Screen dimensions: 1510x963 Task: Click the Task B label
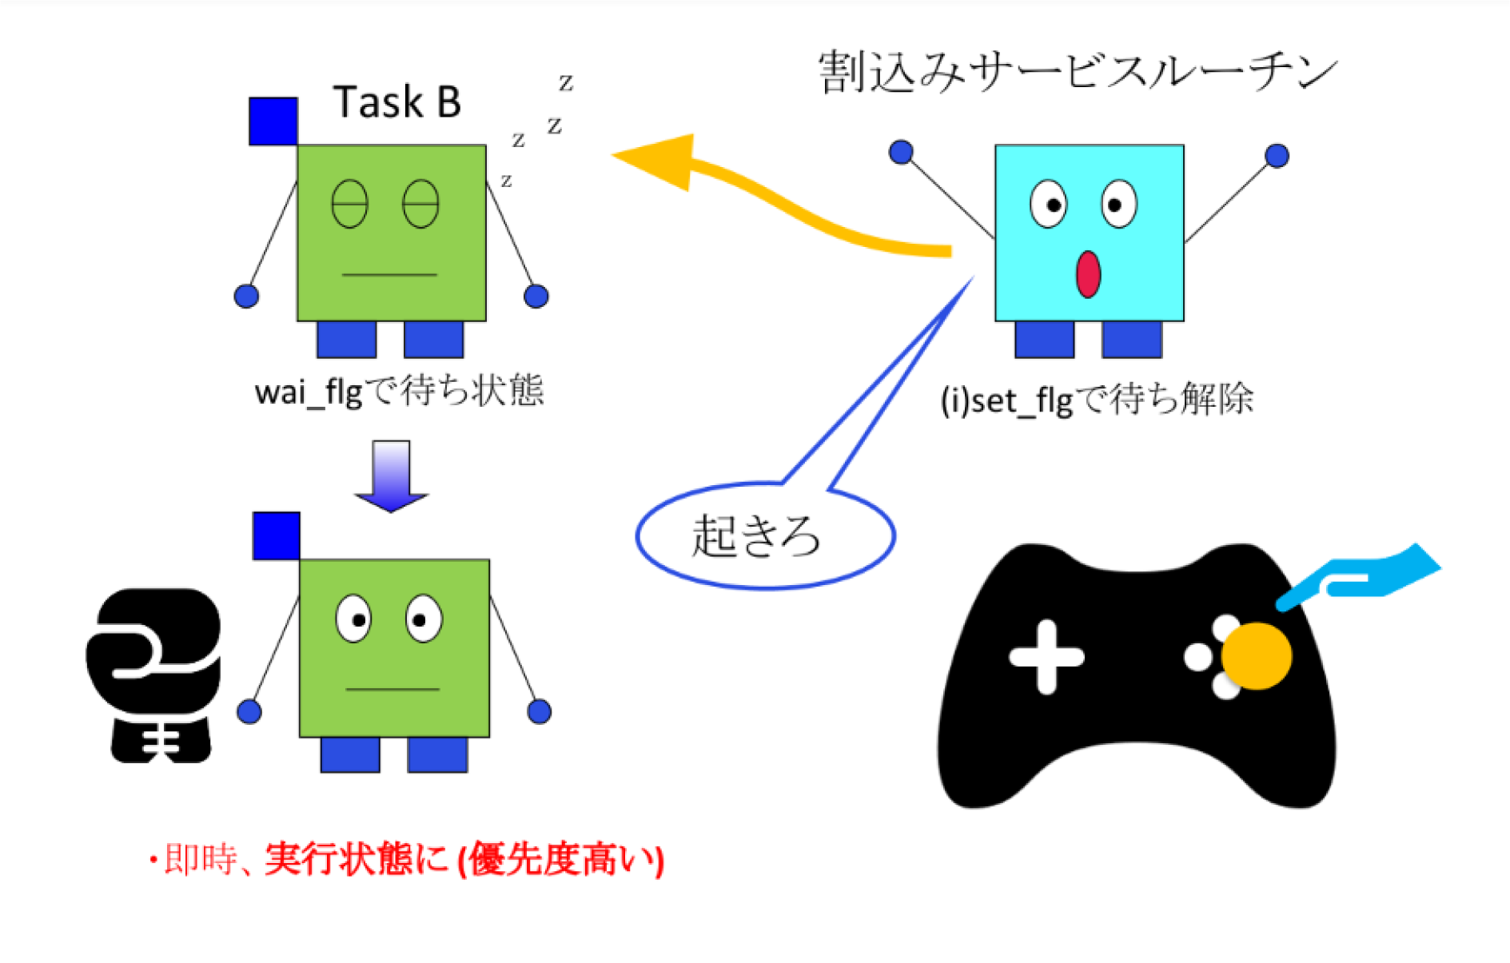[396, 102]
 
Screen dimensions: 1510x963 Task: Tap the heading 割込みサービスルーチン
[1078, 72]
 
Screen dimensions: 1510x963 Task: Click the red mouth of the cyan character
[1088, 274]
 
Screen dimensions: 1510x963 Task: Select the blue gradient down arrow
[392, 476]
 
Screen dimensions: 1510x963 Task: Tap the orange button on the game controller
[1257, 656]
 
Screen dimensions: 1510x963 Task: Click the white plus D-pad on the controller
[1046, 657]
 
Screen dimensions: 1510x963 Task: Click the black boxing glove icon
[153, 675]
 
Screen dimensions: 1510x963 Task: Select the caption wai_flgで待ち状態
[399, 392]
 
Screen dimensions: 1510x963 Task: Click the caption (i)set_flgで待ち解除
[1097, 400]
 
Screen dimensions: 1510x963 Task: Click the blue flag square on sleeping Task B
[273, 121]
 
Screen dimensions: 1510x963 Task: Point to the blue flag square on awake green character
[277, 535]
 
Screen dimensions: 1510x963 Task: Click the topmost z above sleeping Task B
[566, 82]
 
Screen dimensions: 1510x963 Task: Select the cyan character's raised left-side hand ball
[901, 152]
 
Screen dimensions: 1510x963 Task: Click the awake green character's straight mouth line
[392, 689]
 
